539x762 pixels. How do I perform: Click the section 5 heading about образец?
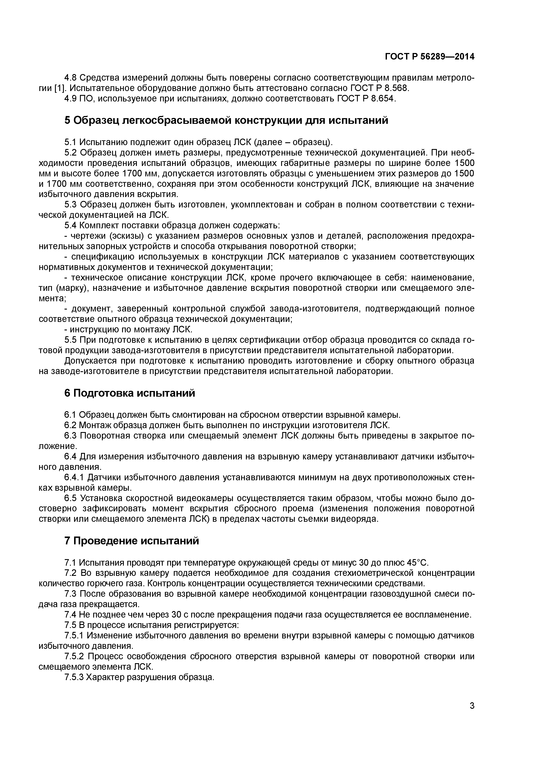coord(226,120)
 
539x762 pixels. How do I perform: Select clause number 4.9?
coord(70,99)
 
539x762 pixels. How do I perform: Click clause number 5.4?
coord(70,225)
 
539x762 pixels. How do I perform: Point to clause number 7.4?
coord(70,615)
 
